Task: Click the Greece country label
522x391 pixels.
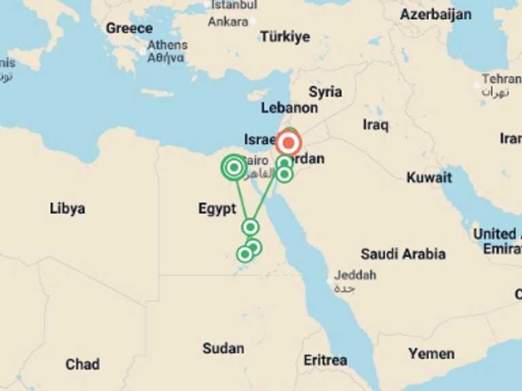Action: [129, 29]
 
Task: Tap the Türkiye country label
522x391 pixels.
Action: [285, 37]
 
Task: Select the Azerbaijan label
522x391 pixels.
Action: [435, 14]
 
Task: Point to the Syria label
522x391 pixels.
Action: [325, 92]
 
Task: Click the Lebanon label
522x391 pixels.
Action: [289, 108]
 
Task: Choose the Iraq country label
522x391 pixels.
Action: [375, 125]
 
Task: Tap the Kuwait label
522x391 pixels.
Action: [429, 178]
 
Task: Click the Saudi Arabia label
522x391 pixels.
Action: [403, 254]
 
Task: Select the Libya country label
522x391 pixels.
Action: [67, 208]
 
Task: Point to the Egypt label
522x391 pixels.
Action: [217, 209]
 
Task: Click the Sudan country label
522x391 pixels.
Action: [223, 348]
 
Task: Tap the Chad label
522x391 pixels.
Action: [82, 365]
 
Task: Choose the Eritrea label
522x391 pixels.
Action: [325, 360]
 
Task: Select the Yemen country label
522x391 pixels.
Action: [432, 354]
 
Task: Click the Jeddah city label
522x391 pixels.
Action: [355, 276]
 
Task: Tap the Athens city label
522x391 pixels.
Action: [167, 45]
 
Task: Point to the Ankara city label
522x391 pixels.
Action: [228, 22]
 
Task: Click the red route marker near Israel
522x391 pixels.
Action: [289, 143]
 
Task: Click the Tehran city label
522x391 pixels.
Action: [502, 79]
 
